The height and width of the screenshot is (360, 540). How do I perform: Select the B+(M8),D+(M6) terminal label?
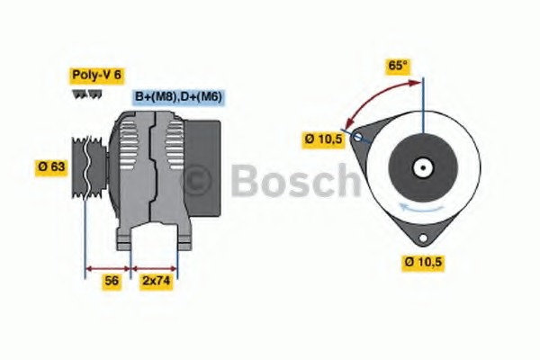178,96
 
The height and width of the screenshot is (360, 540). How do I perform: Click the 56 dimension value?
111,281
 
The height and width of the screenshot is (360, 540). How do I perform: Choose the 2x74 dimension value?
156,281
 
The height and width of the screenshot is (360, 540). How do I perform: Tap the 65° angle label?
397,65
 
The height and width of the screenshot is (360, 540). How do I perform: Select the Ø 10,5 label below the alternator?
424,262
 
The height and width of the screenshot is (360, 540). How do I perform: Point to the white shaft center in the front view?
419,166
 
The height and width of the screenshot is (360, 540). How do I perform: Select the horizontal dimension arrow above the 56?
108,267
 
